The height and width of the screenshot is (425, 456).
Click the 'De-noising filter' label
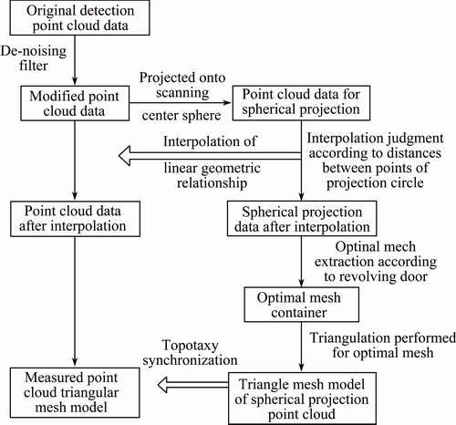pos(34,58)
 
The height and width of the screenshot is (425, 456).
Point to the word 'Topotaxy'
pos(191,346)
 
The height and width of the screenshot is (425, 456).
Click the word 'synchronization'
pos(191,360)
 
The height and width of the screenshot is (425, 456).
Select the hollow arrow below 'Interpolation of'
pos(210,156)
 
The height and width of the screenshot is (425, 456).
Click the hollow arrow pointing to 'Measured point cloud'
pos(193,385)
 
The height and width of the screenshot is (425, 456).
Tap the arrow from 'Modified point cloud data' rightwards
pos(181,103)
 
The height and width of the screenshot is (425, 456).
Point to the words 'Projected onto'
pos(182,78)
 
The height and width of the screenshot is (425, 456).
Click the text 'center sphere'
pos(181,116)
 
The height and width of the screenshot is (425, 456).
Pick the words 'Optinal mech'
pos(376,247)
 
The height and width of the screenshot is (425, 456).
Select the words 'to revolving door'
pos(376,276)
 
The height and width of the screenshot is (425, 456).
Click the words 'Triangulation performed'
pos(383,338)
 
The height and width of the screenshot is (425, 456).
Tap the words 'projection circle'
pos(375,183)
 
